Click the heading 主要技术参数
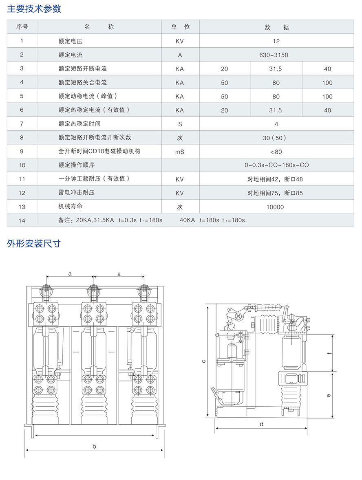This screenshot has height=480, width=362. pyautogui.click(x=34, y=9)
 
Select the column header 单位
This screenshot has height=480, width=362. pyautogui.click(x=180, y=27)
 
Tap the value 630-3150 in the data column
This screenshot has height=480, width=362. pyautogui.click(x=276, y=55)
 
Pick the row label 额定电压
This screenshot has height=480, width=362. pyautogui.click(x=71, y=41)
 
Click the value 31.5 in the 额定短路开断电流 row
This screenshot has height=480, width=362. pyautogui.click(x=276, y=69)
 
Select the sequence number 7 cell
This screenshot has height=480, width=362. pyautogui.click(x=22, y=123)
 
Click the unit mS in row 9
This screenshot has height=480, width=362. pyautogui.click(x=180, y=152)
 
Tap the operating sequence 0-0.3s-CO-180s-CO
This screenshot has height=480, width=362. pyautogui.click(x=276, y=165)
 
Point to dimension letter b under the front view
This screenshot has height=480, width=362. pyautogui.click(x=94, y=446)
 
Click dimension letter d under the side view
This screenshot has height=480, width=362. pyautogui.click(x=262, y=424)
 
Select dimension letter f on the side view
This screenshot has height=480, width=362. pyautogui.click(x=329, y=353)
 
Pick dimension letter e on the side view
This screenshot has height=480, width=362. pyautogui.click(x=329, y=395)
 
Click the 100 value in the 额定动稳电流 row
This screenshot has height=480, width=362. pyautogui.click(x=327, y=97)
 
